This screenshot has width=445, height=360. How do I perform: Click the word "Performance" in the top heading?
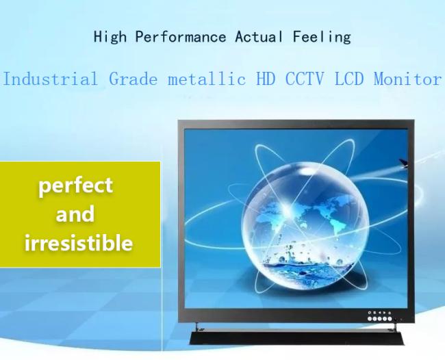pyautogui.click(x=181, y=37)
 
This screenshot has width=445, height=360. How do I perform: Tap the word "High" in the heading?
pyautogui.click(x=110, y=37)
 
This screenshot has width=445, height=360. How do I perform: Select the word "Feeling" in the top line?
pyautogui.click(x=322, y=37)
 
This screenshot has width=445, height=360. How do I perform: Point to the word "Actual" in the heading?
pyautogui.click(x=259, y=37)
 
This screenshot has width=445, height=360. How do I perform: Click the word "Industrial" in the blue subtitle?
pyautogui.click(x=50, y=79)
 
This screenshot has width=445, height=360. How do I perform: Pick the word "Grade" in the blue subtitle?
pyautogui.click(x=133, y=79)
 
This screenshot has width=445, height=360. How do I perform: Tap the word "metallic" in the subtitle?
pyautogui.click(x=206, y=79)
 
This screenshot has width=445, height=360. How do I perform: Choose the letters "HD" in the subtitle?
pyautogui.click(x=266, y=79)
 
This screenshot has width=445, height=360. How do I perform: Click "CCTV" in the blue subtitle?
pyautogui.click(x=304, y=79)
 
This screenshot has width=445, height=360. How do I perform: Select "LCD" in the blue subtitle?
pyautogui.click(x=348, y=79)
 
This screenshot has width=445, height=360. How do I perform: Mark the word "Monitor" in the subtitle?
pyautogui.click(x=407, y=79)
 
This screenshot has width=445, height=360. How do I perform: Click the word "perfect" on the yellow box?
pyautogui.click(x=75, y=186)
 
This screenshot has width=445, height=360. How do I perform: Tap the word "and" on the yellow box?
pyautogui.click(x=75, y=214)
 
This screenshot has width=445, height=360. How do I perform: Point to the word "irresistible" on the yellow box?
pyautogui.click(x=78, y=243)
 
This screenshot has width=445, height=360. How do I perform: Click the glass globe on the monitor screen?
pyautogui.click(x=305, y=224)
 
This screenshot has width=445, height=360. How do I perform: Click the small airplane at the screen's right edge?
pyautogui.click(x=403, y=163)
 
